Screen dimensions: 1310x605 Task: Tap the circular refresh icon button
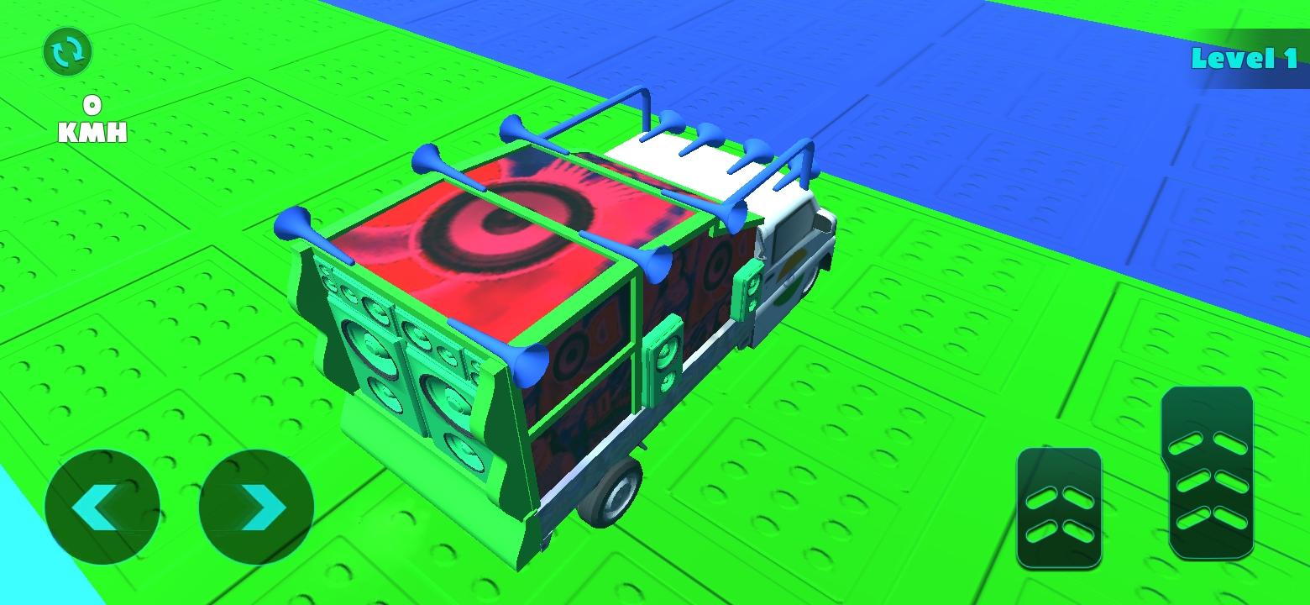(68, 51)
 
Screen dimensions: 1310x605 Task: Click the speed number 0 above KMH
(92, 105)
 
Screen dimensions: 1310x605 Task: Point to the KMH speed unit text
(93, 133)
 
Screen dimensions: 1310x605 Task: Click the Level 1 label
(1244, 59)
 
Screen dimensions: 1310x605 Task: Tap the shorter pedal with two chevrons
(1059, 508)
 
